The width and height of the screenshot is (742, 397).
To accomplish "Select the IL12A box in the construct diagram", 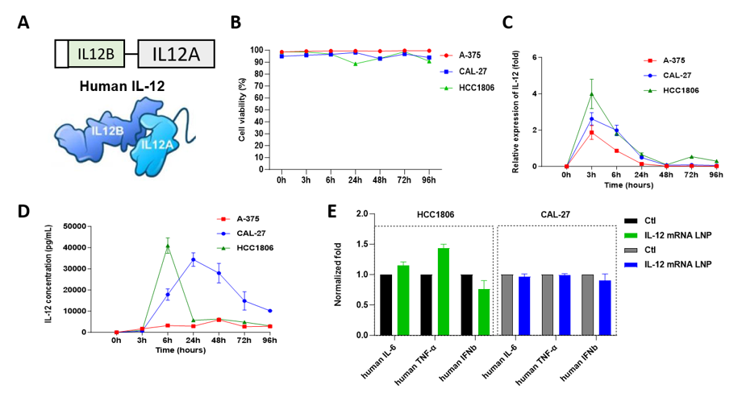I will [176, 54].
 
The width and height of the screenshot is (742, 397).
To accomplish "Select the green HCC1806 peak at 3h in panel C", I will [591, 94].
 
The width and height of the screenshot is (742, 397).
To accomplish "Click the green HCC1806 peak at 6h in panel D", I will [167, 246].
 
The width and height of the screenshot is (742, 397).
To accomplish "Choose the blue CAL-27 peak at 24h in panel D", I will [194, 259].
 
